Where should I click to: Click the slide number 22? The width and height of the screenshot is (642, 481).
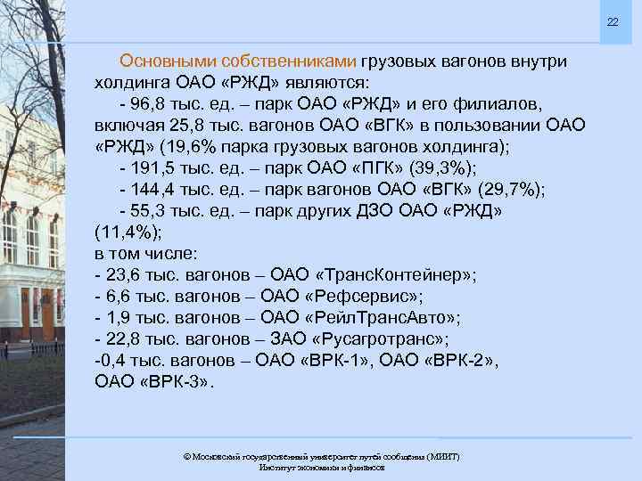click(x=613, y=21)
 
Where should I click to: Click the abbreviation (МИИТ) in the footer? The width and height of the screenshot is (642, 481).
click(x=443, y=456)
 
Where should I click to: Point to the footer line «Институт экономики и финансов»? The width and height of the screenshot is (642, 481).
click(x=322, y=468)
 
